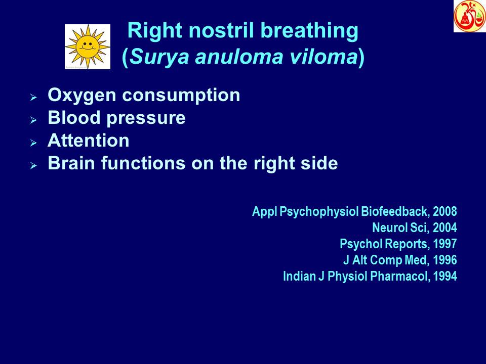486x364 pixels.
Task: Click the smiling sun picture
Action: click(88, 47)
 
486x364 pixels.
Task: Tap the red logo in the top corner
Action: click(469, 16)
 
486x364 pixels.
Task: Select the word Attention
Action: click(88, 141)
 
